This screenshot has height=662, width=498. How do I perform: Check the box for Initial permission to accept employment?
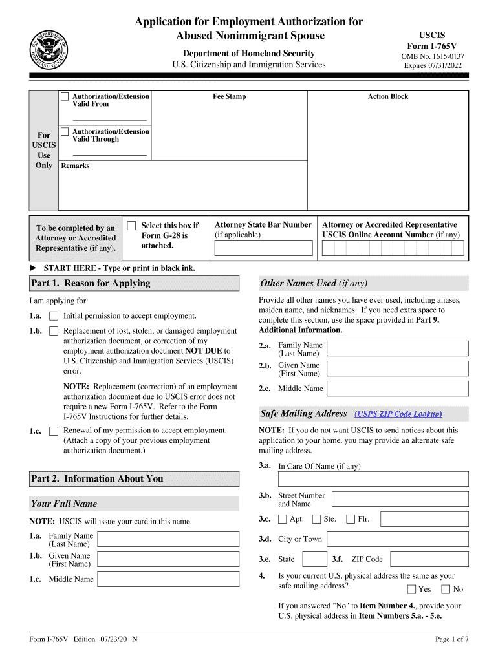54,316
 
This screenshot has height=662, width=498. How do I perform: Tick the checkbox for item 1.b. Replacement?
54,332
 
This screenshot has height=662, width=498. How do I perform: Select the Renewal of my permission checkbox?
54,431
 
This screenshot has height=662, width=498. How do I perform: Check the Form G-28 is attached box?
131,226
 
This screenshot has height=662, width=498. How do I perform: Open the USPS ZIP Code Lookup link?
398,414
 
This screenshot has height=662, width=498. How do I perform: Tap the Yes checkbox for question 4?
412,589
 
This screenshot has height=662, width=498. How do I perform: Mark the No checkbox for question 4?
446,589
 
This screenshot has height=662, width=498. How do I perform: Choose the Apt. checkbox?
283,518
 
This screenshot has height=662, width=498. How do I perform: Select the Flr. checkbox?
351,518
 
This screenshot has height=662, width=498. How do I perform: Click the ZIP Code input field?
429,559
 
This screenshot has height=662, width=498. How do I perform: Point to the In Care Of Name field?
373,479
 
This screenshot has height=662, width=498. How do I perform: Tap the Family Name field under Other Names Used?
397,349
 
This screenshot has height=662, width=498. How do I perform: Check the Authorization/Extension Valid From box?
65,96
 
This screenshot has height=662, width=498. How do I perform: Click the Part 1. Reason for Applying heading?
91,283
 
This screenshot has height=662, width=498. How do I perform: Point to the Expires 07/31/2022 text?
433,65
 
